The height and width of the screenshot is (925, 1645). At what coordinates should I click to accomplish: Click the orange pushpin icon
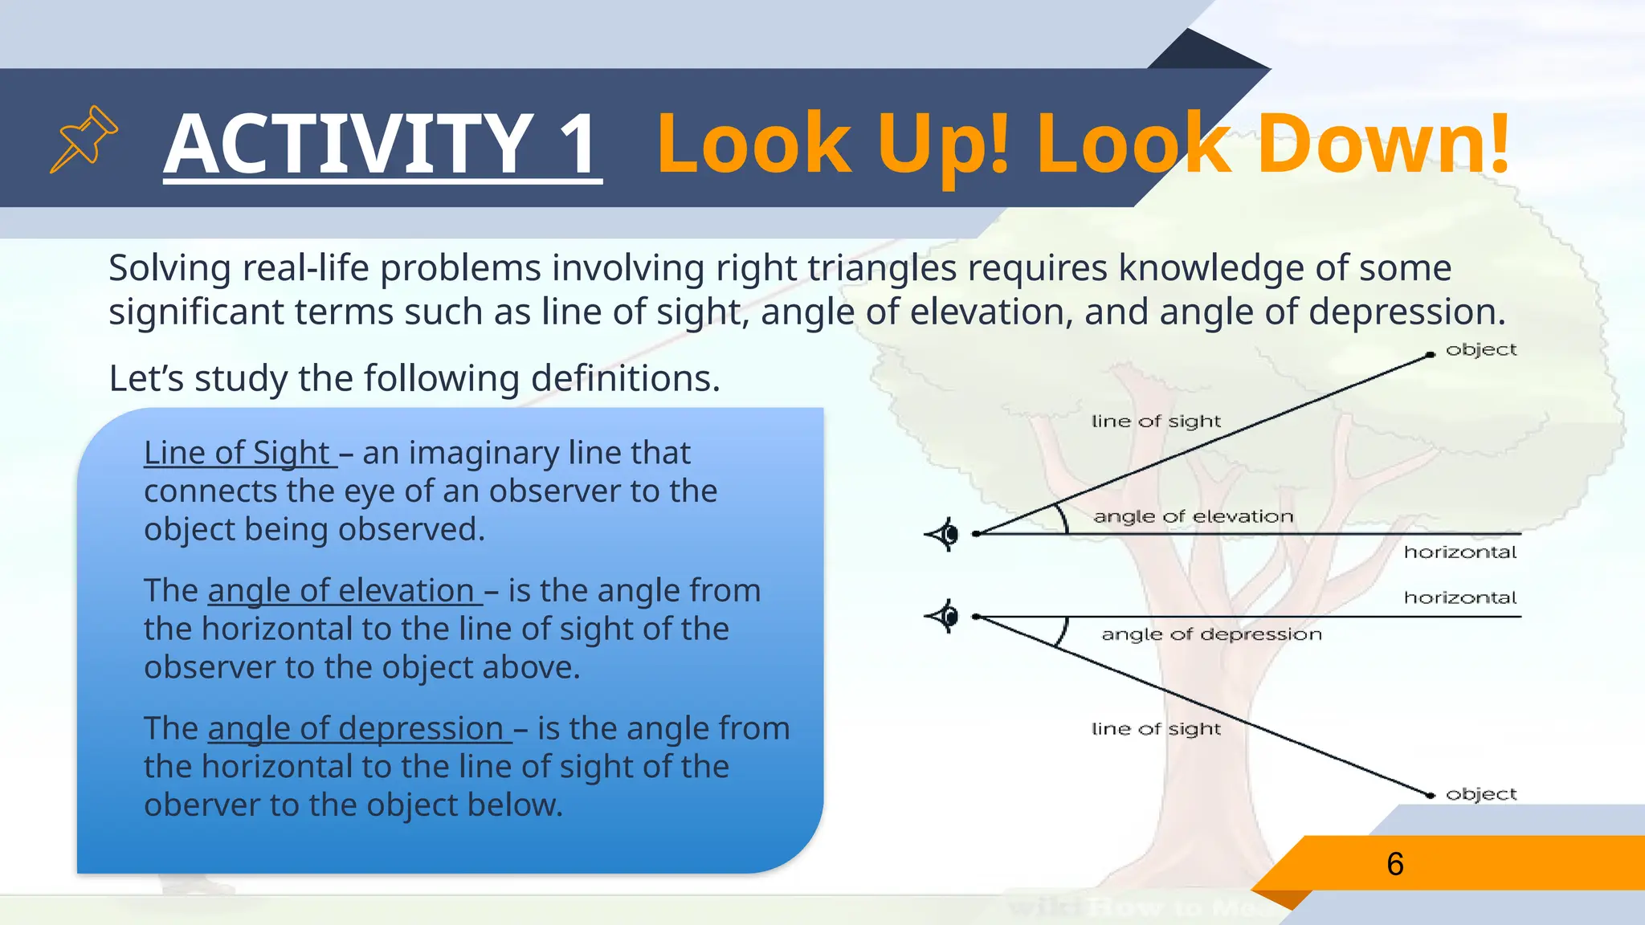pyautogui.click(x=84, y=139)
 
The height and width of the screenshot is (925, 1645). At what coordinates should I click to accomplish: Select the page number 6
pyautogui.click(x=1395, y=864)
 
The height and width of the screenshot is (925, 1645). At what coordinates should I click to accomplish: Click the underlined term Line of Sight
pyautogui.click(x=237, y=453)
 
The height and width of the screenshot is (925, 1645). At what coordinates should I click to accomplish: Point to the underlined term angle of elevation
pyautogui.click(x=341, y=591)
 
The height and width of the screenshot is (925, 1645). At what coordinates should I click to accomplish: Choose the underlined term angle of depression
pyautogui.click(x=356, y=729)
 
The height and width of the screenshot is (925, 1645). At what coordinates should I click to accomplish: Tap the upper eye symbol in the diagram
pyautogui.click(x=943, y=534)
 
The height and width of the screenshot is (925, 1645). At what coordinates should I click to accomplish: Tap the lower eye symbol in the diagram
pyautogui.click(x=943, y=617)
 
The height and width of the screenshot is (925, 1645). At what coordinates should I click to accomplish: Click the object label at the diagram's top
pyautogui.click(x=1480, y=350)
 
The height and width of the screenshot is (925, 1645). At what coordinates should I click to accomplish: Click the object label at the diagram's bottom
pyautogui.click(x=1480, y=794)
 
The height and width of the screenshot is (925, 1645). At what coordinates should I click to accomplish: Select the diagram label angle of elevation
pyautogui.click(x=1193, y=517)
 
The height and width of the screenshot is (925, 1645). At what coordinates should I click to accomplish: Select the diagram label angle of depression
pyautogui.click(x=1210, y=634)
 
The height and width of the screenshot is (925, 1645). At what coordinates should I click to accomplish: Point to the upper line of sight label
pyautogui.click(x=1155, y=422)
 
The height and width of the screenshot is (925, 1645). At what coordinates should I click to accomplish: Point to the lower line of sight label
pyautogui.click(x=1155, y=729)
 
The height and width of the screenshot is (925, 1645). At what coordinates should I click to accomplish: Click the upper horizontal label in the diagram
pyautogui.click(x=1459, y=552)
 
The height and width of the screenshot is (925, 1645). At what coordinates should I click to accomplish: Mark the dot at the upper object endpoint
pyautogui.click(x=1431, y=354)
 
